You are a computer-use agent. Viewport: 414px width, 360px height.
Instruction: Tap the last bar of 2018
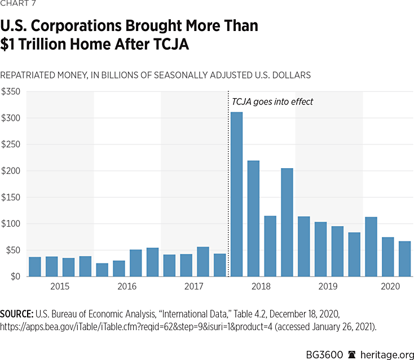287,222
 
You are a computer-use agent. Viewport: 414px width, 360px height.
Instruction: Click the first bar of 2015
35,266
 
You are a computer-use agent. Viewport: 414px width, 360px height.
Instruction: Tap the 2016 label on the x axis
127,287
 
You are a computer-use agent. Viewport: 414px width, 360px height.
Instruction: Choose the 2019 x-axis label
329,287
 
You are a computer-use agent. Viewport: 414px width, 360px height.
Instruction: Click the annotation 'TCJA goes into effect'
272,102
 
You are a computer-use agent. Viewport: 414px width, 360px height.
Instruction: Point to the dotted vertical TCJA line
228,186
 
